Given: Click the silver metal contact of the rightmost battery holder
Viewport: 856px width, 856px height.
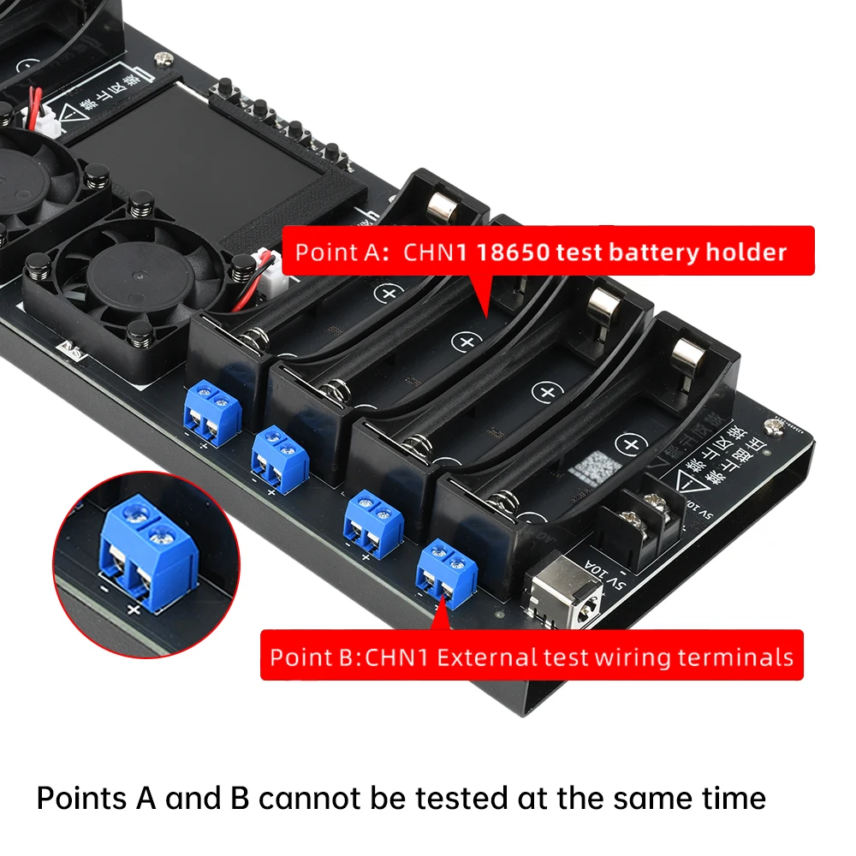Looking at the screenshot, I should pos(686,353).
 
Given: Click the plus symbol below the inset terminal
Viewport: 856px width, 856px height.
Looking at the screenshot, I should pos(133,609).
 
